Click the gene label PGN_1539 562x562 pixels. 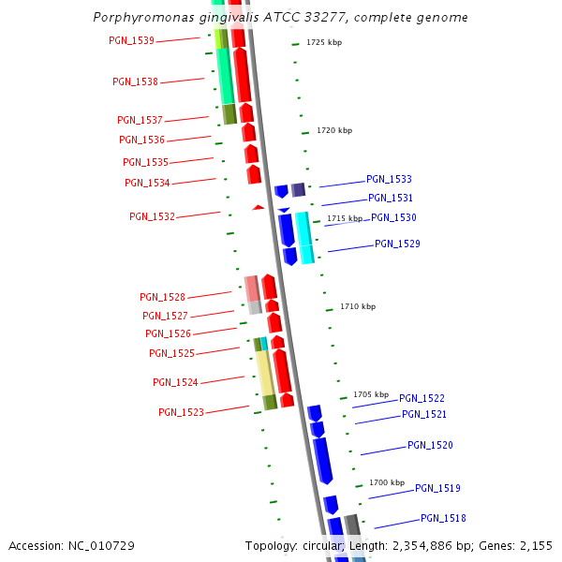pos(132,41)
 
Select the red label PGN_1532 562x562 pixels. pos(152,217)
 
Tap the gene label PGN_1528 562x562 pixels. pos(162,298)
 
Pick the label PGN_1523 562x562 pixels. pos(181,412)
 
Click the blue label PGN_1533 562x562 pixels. pos(389,179)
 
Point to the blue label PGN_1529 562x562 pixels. pos(397,244)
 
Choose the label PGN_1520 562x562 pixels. pos(430,446)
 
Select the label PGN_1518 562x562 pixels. pos(443,518)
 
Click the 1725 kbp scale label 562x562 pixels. pos(324,43)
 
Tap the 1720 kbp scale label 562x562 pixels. pos(334,131)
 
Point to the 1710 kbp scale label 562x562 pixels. pos(358,306)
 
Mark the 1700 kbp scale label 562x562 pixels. pos(387,482)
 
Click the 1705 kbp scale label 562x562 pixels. pos(371,394)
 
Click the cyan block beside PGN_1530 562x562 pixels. pos(304,237)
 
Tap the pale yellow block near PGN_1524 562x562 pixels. pos(265,373)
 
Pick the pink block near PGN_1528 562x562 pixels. pos(251,288)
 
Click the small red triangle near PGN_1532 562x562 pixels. pos(258,207)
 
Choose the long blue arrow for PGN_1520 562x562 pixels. pos(323,460)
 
